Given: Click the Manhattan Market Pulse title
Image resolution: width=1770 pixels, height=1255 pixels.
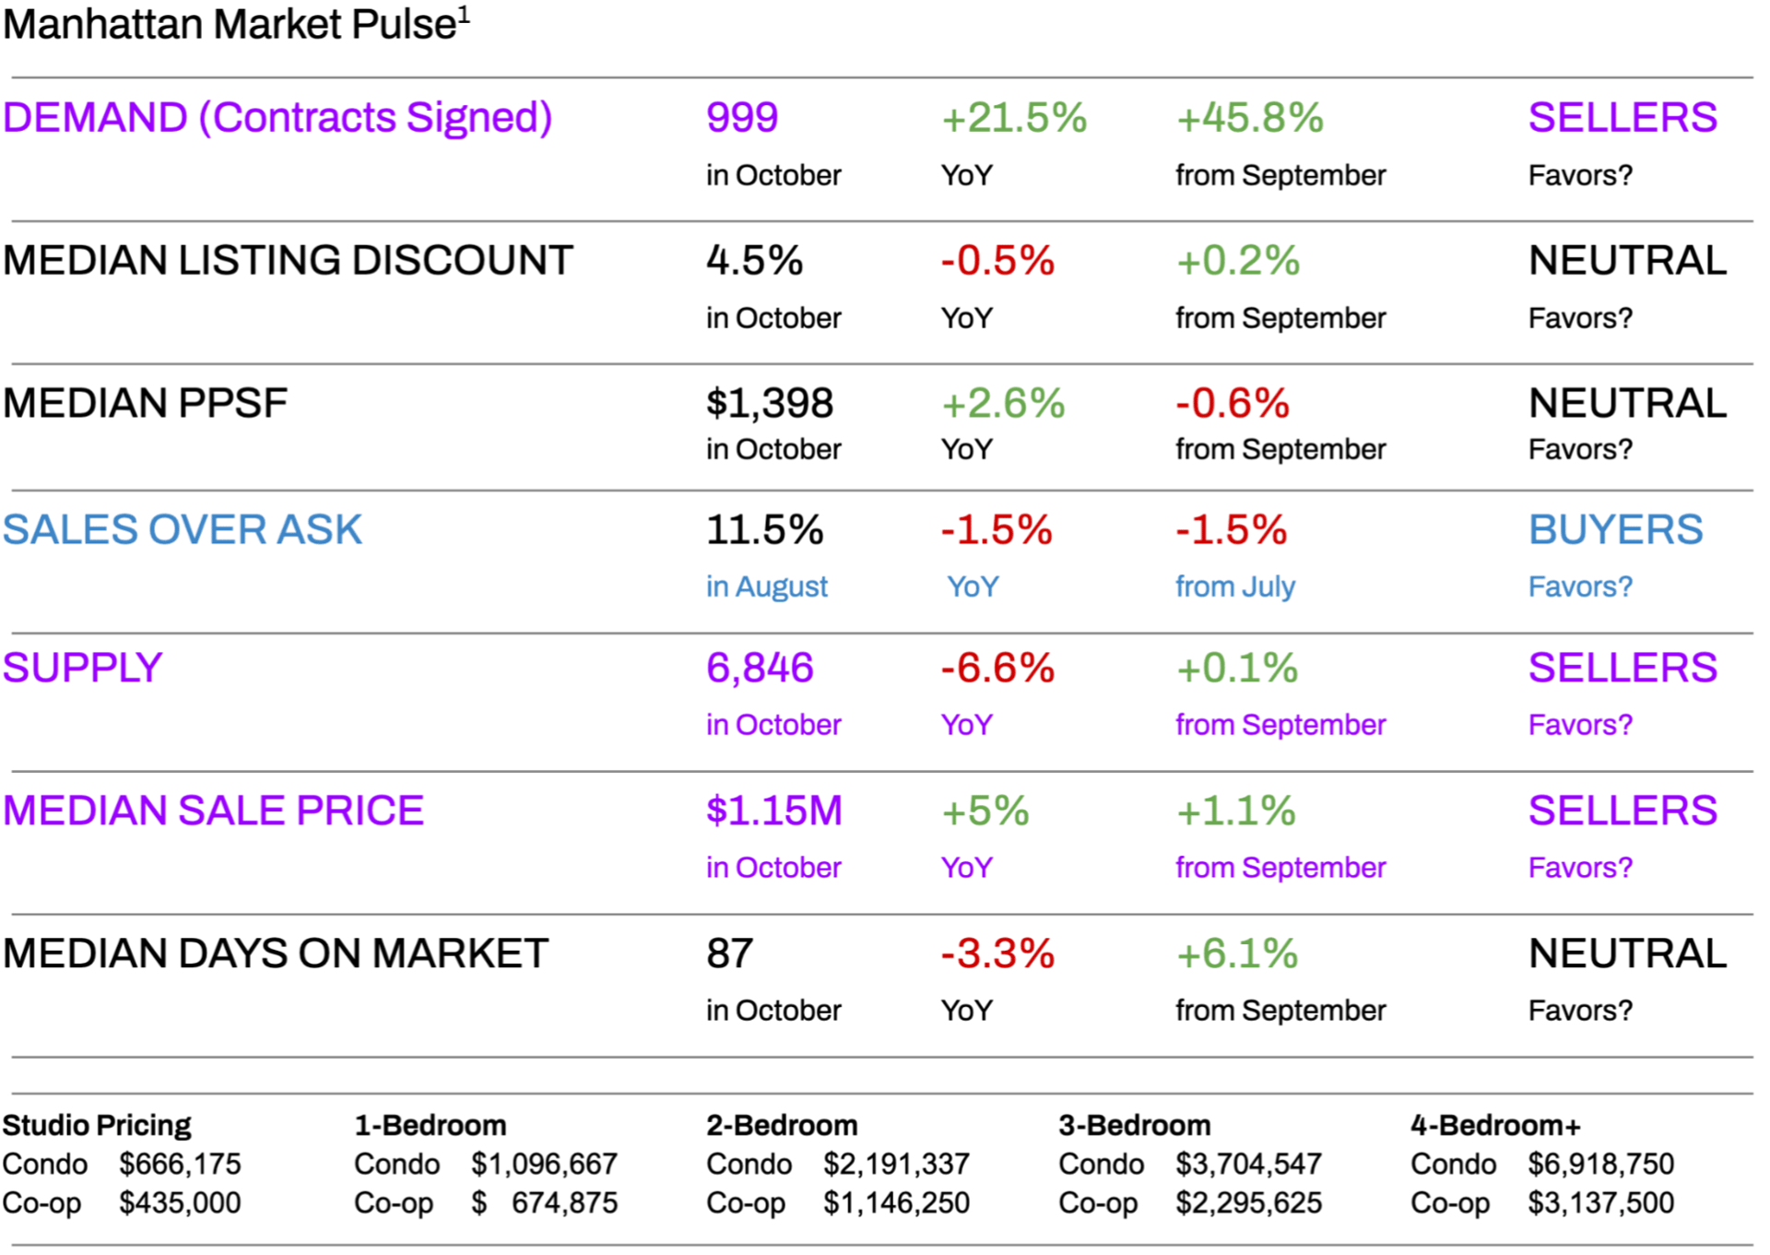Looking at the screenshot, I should point(235,25).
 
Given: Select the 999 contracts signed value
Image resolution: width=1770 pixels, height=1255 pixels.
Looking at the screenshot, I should point(742,118).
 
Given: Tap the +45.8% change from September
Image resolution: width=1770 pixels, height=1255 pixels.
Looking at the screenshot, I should point(1249,118).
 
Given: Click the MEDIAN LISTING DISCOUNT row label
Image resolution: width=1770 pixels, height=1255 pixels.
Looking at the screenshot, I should point(288,261).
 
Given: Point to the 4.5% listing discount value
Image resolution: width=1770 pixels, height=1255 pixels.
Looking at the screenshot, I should point(754,261).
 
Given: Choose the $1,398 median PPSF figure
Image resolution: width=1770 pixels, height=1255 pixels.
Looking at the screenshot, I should point(770,404).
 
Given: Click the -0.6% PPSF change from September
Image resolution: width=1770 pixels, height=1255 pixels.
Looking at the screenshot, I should point(1233,404).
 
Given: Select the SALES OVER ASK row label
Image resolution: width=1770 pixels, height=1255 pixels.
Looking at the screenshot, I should point(183,530).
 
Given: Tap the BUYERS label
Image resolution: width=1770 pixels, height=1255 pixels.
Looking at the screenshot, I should point(1615,530).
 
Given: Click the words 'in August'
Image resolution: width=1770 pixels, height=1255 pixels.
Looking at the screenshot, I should point(767,586).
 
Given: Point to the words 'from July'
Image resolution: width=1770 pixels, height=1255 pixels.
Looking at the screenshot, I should point(1235,586).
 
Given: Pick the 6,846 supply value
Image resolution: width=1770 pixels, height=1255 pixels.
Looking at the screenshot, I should point(760,669).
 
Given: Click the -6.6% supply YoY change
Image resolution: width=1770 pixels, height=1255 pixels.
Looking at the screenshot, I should point(997,669).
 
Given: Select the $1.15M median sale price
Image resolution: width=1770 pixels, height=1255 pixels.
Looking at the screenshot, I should point(774,811).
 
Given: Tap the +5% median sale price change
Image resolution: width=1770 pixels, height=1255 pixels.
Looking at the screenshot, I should point(985,811).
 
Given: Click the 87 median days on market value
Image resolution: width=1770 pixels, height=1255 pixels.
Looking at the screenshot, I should point(729,954).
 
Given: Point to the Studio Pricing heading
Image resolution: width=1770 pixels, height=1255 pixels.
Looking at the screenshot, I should point(97,1126).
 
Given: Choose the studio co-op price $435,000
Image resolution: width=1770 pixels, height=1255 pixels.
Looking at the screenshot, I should point(180,1203).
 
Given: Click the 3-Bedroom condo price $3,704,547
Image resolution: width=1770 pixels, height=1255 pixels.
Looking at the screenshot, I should point(1248,1165).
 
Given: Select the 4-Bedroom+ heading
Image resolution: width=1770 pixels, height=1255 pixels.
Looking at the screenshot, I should point(1495,1126).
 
